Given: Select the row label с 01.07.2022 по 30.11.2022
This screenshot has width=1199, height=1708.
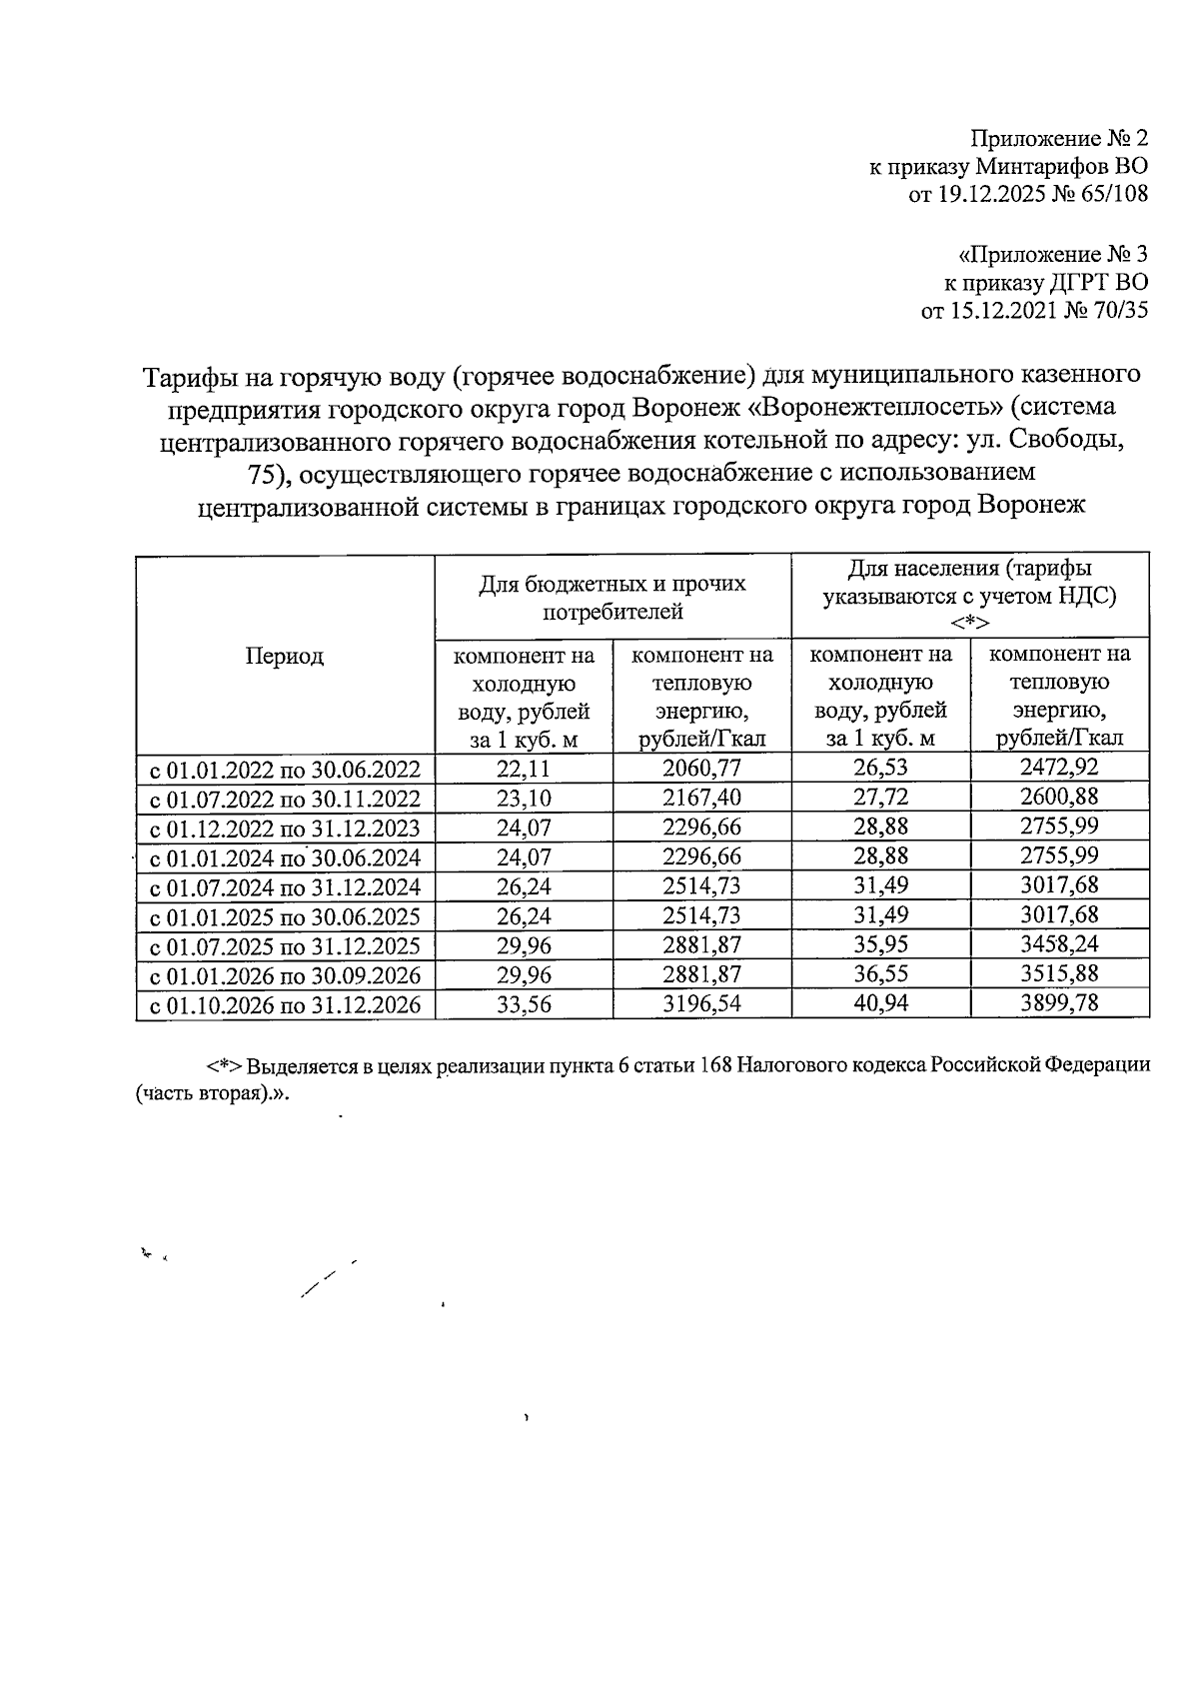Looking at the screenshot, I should tap(285, 799).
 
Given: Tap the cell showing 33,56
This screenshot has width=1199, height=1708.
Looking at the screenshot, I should tap(524, 1004).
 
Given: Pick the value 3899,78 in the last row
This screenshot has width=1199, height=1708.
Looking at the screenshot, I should tap(1059, 1003).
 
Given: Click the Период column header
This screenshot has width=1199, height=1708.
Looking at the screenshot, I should tap(285, 657).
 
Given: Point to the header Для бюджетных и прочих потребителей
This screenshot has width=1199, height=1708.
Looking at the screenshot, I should tap(612, 597).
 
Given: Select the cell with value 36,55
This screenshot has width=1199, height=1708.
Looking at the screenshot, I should tap(880, 974).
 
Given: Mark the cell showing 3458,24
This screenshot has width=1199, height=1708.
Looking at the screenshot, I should tap(1059, 944).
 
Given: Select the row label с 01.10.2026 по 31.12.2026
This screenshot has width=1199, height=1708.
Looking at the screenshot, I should tap(285, 1005).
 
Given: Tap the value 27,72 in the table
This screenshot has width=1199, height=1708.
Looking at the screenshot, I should tap(880, 798).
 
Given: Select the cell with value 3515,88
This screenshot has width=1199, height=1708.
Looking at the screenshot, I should tap(1059, 974).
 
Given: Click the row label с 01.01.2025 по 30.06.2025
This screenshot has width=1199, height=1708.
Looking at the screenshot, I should tap(285, 916).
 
